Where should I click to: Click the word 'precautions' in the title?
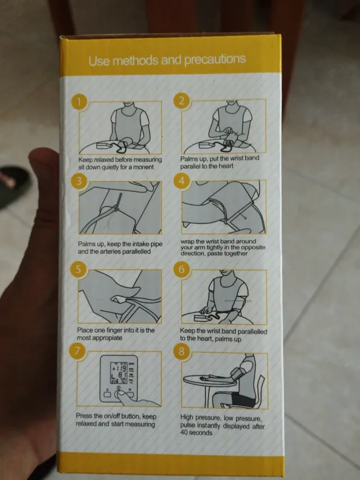(x=215, y=59)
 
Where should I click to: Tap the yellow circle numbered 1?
(x=79, y=102)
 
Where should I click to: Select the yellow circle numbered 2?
(x=182, y=100)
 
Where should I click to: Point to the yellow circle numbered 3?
(x=79, y=181)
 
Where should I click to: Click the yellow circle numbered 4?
(x=182, y=181)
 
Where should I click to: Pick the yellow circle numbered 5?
(x=78, y=270)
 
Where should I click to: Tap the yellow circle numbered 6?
(x=182, y=270)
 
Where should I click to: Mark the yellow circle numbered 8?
(x=181, y=351)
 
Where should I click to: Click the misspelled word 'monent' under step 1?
(x=143, y=167)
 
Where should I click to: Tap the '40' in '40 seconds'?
(x=184, y=433)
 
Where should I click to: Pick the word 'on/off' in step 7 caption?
(x=111, y=416)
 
